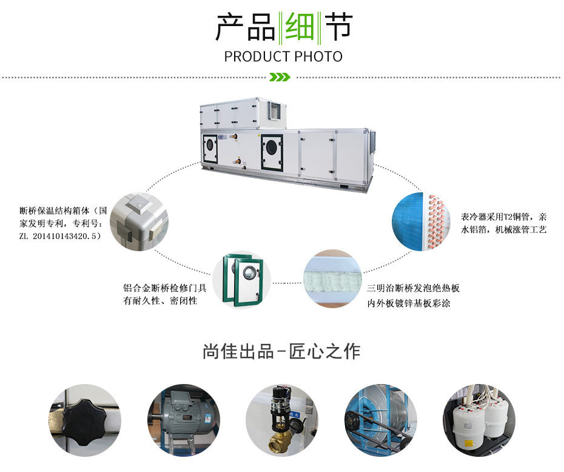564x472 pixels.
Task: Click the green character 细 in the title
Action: click(300, 27)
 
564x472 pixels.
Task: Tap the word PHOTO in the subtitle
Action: click(318, 56)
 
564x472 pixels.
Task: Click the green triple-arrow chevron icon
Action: click(280, 77)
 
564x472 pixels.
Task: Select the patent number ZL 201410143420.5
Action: click(60, 236)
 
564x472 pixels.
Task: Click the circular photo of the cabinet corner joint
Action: click(139, 221)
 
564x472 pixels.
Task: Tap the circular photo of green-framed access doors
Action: click(242, 280)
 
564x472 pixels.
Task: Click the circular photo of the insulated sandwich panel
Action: click(332, 278)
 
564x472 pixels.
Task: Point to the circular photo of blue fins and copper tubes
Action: click(421, 221)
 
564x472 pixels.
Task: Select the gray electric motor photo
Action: click(184, 420)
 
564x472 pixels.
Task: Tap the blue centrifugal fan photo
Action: click(381, 420)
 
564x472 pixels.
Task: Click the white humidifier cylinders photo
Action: click(479, 420)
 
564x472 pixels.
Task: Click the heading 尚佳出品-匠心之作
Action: click(281, 351)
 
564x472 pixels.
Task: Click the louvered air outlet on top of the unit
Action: click(275, 110)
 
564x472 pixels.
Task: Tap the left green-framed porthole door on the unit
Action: click(210, 148)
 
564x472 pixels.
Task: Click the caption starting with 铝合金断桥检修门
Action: click(165, 294)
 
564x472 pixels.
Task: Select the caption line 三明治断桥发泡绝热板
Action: click(413, 288)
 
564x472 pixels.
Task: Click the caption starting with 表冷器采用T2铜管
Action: click(503, 223)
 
